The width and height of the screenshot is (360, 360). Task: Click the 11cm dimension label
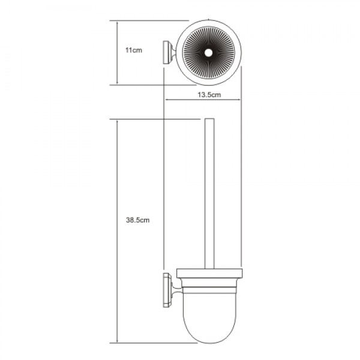(133, 52)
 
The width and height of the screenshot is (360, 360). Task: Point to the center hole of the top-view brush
(208, 54)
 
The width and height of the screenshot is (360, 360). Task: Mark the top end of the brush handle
(208, 120)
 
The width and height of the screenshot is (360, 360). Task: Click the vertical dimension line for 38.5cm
(116, 231)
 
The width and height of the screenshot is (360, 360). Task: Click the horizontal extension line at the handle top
(156, 119)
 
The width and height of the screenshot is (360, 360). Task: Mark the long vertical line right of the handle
(241, 180)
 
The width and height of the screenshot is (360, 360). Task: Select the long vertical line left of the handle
(163, 180)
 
